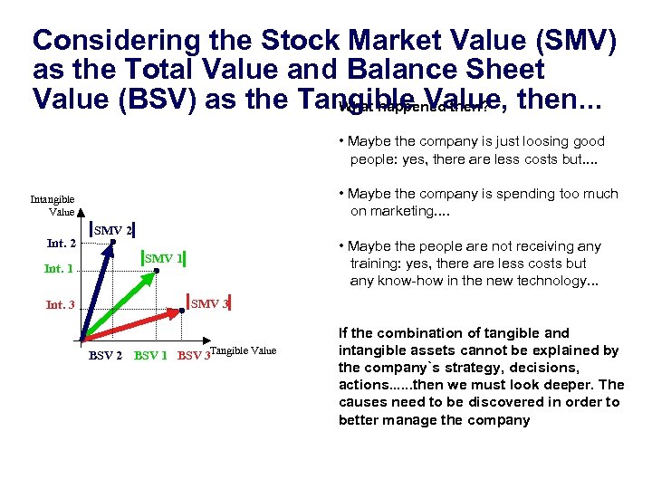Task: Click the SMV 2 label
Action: point(113,231)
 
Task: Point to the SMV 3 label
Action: point(209,303)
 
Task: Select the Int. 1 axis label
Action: point(59,269)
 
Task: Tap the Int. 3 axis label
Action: point(61,305)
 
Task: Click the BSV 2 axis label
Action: point(105,355)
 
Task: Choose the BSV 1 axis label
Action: point(150,355)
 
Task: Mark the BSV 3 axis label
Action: point(193,355)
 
